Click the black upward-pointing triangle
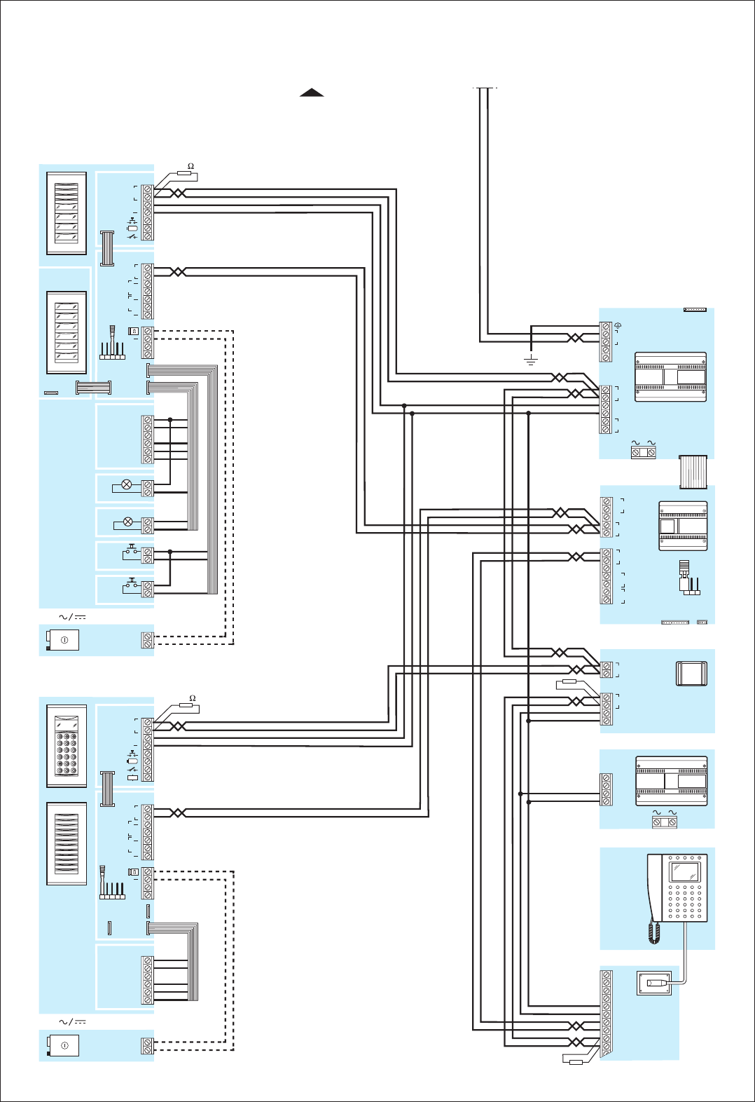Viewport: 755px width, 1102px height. [312, 93]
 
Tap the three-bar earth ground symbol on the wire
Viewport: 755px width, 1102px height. [531, 360]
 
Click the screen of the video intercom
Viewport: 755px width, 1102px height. [685, 871]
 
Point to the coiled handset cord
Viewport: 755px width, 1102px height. [654, 932]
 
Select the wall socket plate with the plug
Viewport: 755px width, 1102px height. [654, 983]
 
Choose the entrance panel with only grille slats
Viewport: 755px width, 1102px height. [67, 843]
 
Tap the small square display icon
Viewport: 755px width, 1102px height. [691, 674]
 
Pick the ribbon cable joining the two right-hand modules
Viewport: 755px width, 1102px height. [693, 472]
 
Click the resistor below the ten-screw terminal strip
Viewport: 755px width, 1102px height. [576, 1062]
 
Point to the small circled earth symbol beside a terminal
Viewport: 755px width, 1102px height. [618, 326]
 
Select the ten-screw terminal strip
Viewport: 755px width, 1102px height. [607, 1014]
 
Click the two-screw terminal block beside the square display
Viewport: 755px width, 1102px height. [607, 669]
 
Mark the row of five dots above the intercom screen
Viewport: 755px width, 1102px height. [685, 857]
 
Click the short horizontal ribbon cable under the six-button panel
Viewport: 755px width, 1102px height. [94, 387]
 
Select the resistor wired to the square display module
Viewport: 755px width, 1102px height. [569, 681]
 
